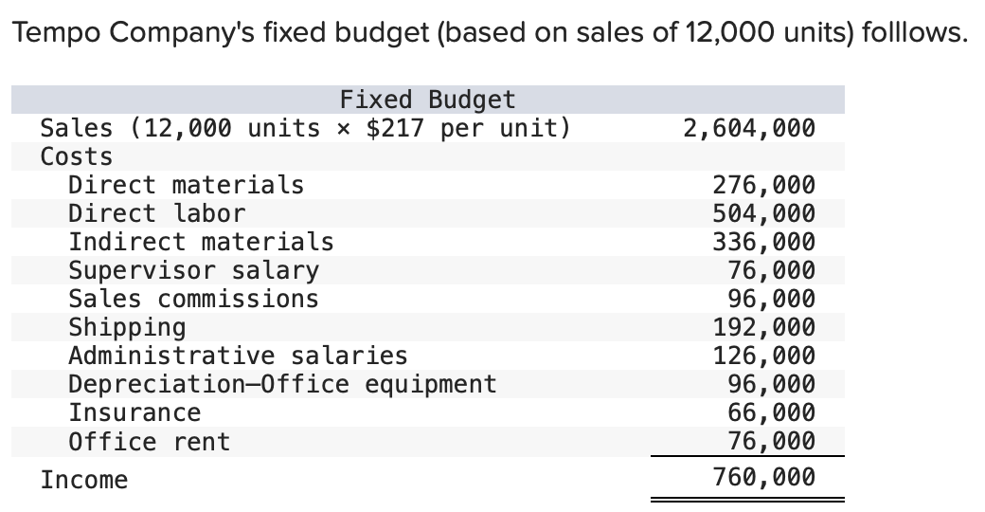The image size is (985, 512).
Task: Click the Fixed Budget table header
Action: (x=427, y=100)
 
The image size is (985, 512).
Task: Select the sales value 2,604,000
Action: (x=748, y=128)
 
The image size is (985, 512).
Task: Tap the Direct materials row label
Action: (x=186, y=185)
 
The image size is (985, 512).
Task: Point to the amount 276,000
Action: (x=763, y=185)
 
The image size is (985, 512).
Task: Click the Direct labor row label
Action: (x=156, y=213)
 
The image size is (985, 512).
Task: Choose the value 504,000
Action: (x=763, y=213)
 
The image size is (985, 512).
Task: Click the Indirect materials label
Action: (x=201, y=242)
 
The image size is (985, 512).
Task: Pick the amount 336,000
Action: (x=763, y=242)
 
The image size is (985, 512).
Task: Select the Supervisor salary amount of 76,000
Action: (x=771, y=270)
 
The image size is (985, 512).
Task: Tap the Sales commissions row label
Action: (x=193, y=299)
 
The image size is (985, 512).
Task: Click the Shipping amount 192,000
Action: (x=763, y=327)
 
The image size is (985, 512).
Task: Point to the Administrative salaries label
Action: (x=238, y=356)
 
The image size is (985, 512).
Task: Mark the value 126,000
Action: (x=763, y=356)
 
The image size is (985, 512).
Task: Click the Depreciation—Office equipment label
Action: (x=282, y=384)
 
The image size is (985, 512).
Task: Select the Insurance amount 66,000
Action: (x=771, y=412)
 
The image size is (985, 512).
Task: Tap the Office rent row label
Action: (x=149, y=441)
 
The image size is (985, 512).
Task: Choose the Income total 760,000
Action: (x=763, y=477)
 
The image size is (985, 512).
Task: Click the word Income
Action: (x=83, y=480)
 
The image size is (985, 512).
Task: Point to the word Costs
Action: (x=76, y=156)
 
